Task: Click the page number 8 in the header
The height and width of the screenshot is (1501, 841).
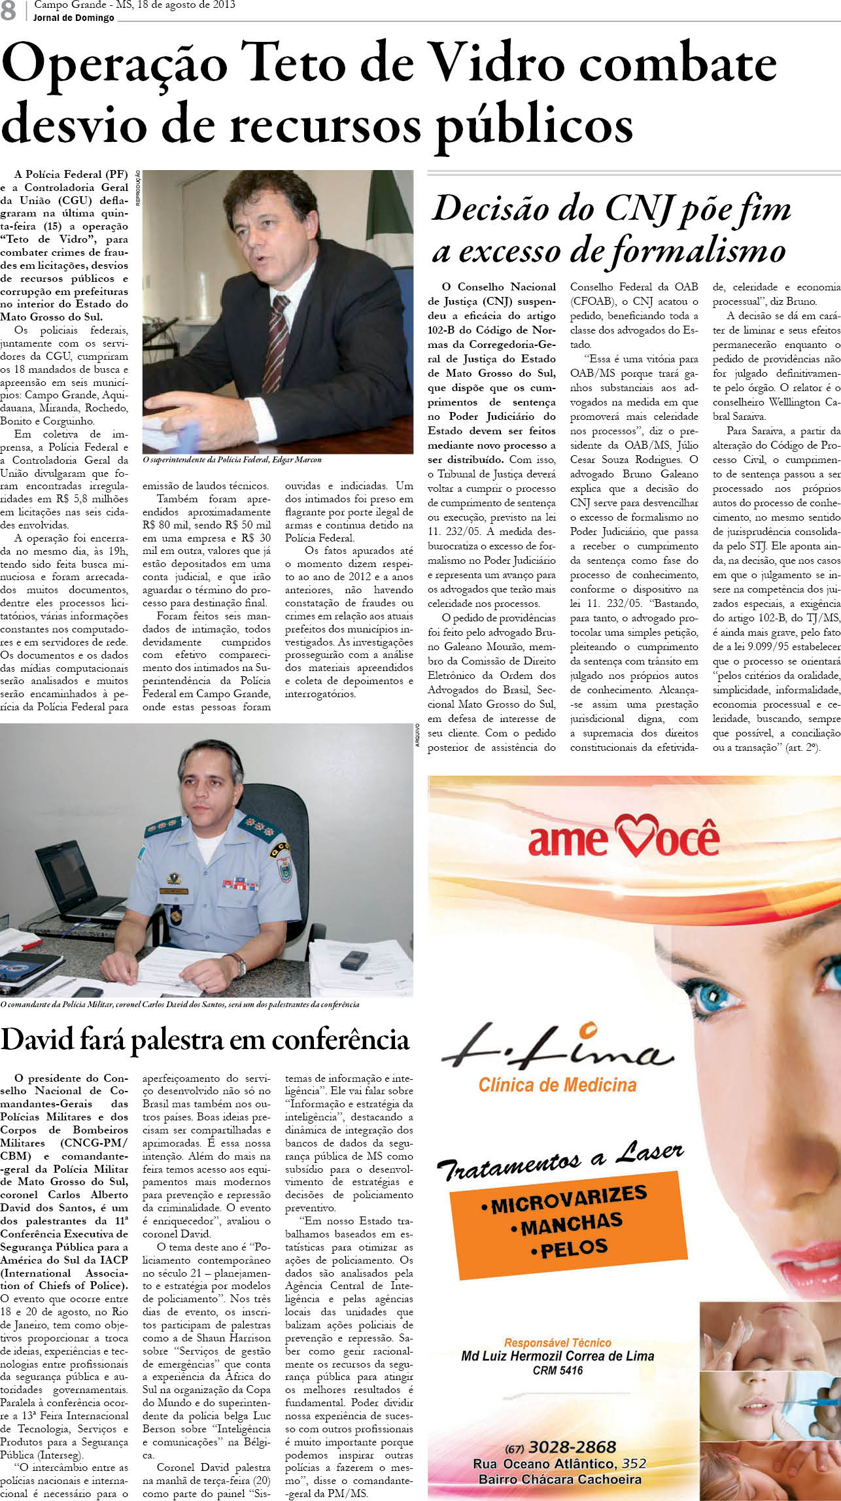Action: point(9,10)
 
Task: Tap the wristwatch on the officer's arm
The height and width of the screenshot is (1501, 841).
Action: point(239,963)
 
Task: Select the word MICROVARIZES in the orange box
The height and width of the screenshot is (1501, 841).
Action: point(569,1199)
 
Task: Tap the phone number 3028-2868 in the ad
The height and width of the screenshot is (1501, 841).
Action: point(572,1447)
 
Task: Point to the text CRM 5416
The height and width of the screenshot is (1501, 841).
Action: point(557,1370)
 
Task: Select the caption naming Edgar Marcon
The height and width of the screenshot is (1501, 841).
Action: point(232,460)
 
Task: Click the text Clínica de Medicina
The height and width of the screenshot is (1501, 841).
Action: point(557,1085)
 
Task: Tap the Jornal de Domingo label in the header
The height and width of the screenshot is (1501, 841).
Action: point(74,18)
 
